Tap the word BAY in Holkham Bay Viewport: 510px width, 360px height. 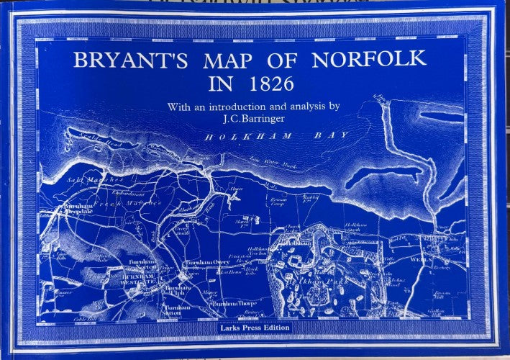(332, 135)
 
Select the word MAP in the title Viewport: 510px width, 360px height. (234, 59)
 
